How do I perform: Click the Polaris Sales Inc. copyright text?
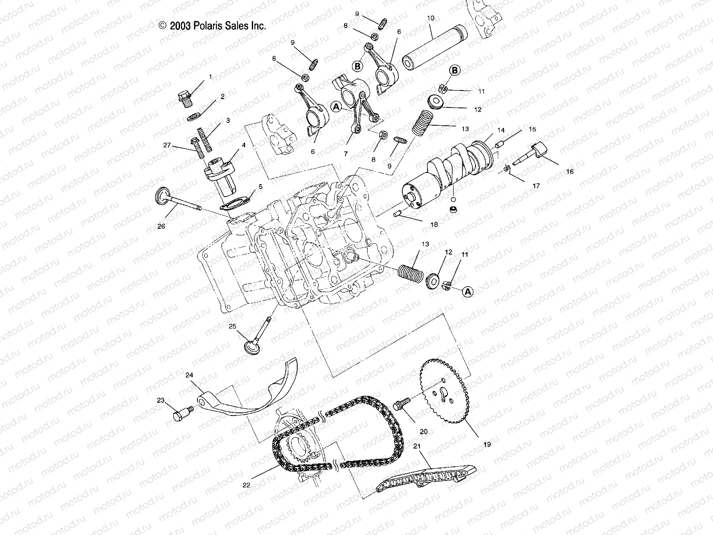pos(213,26)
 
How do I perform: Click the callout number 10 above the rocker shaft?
pos(430,18)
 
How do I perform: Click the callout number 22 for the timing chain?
pos(246,485)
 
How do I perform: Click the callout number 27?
pos(167,145)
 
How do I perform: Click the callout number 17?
pos(536,186)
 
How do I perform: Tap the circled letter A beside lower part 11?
pos(467,292)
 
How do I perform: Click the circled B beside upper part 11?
pos(454,70)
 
